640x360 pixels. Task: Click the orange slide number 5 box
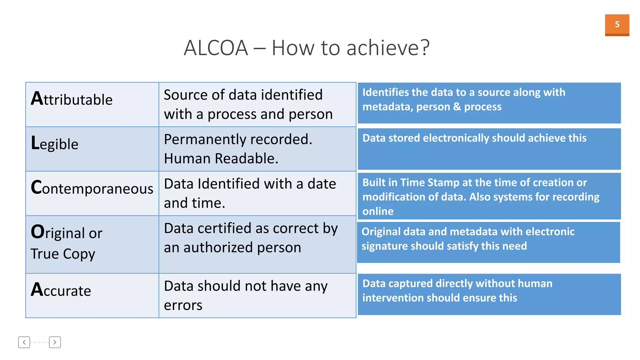click(617, 25)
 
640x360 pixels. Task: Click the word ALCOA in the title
click(216, 48)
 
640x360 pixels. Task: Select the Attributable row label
click(72, 99)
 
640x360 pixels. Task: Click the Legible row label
click(55, 144)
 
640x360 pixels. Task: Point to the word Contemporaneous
click(92, 188)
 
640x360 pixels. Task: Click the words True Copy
click(63, 254)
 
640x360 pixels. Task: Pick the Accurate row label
click(61, 290)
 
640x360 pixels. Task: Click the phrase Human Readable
click(221, 158)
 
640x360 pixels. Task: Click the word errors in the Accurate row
click(183, 305)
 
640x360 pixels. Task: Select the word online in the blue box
click(377, 211)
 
